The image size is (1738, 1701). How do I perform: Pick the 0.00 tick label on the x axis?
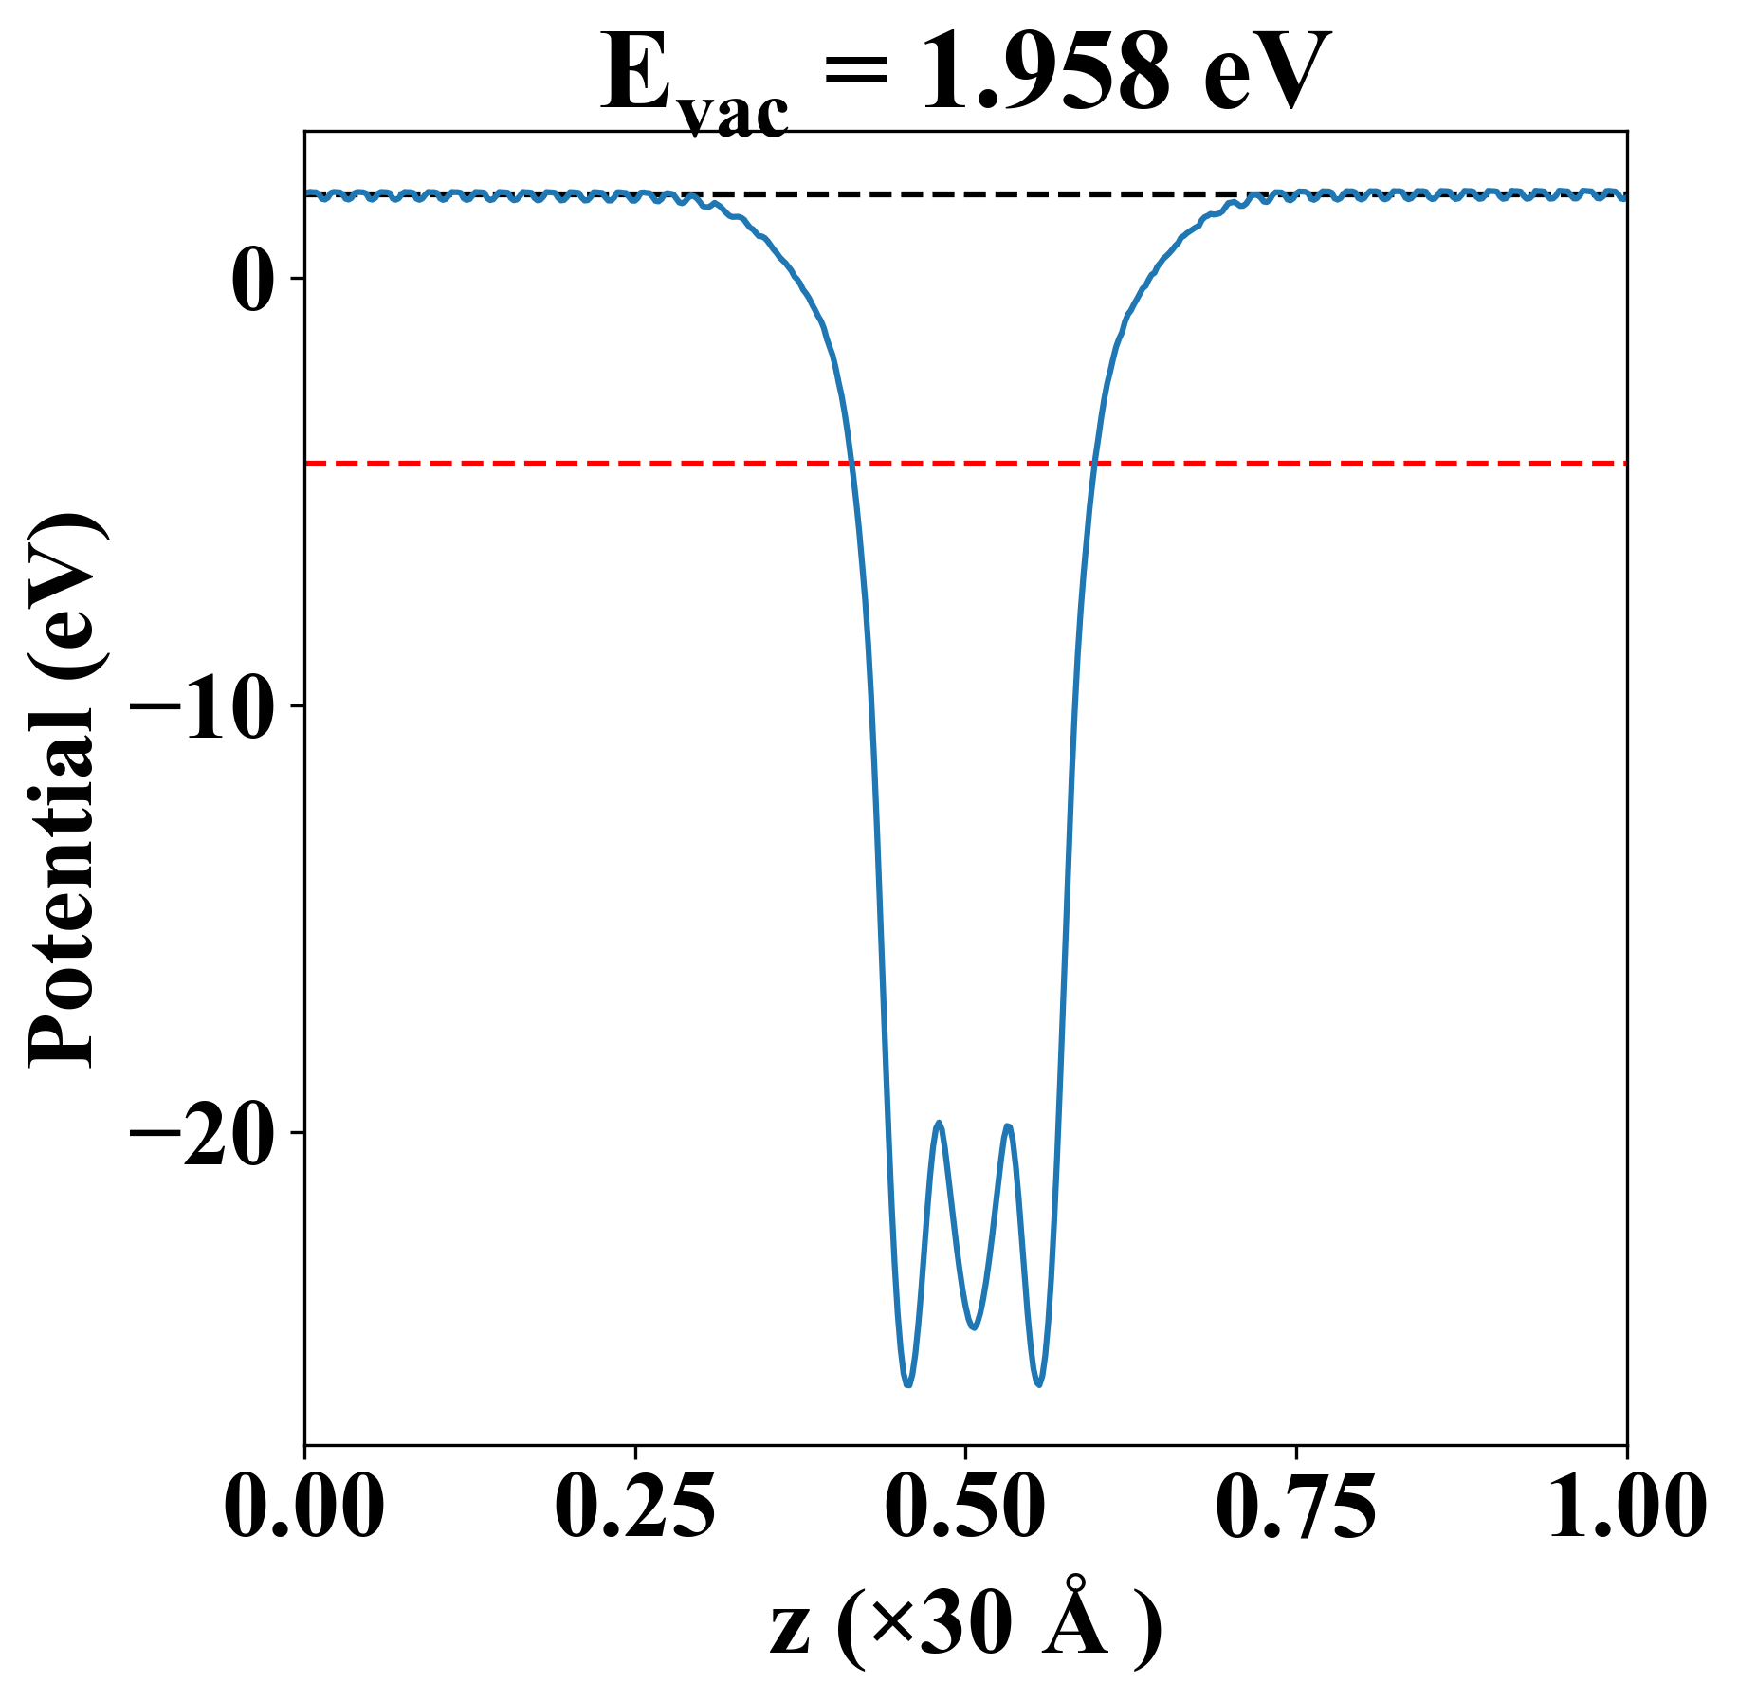coord(304,1507)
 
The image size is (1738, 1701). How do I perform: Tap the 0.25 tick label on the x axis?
coord(634,1507)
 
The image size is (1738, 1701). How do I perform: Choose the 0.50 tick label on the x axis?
coord(965,1507)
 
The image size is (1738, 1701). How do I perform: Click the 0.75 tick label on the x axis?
coord(1295,1507)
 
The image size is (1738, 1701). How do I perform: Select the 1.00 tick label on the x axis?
coord(1625,1507)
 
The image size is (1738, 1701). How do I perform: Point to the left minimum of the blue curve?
coord(907,1385)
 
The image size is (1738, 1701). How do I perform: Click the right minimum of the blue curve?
coord(1039,1385)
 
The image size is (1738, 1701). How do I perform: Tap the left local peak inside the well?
coord(939,1123)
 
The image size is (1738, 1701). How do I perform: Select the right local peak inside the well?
coord(1008,1125)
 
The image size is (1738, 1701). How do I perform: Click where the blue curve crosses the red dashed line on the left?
coord(852,464)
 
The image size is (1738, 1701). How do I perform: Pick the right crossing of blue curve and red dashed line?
coord(1094,464)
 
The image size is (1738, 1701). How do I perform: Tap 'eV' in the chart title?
coord(1267,74)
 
